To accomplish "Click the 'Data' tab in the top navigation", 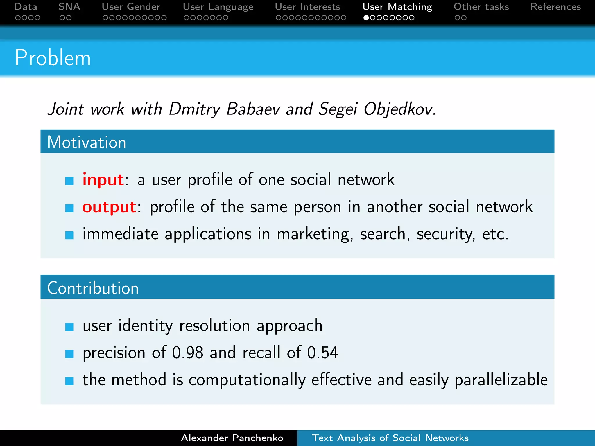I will [x=26, y=7].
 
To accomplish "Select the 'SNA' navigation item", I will [x=69, y=7].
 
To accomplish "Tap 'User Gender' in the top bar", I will [x=131, y=7].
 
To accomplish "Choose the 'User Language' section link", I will [x=218, y=7].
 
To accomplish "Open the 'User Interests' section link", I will [x=307, y=7].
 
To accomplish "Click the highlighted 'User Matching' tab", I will [x=397, y=7].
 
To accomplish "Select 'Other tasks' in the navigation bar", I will [x=481, y=7].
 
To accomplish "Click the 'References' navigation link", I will [x=555, y=7].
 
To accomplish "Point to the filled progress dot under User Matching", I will [x=366, y=18].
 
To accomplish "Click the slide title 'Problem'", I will [x=53, y=58].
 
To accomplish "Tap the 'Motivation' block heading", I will [x=87, y=142].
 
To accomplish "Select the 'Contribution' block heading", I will [x=93, y=288].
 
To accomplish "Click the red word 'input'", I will [x=103, y=179].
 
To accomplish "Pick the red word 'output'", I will [x=109, y=207].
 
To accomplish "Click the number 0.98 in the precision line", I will [x=188, y=353].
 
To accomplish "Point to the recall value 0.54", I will [x=323, y=353].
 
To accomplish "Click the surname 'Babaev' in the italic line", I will [x=253, y=109].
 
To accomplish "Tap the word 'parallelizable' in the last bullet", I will [x=501, y=380].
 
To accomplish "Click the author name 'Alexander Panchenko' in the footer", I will [x=232, y=438].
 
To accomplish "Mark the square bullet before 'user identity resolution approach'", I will [x=69, y=327].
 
